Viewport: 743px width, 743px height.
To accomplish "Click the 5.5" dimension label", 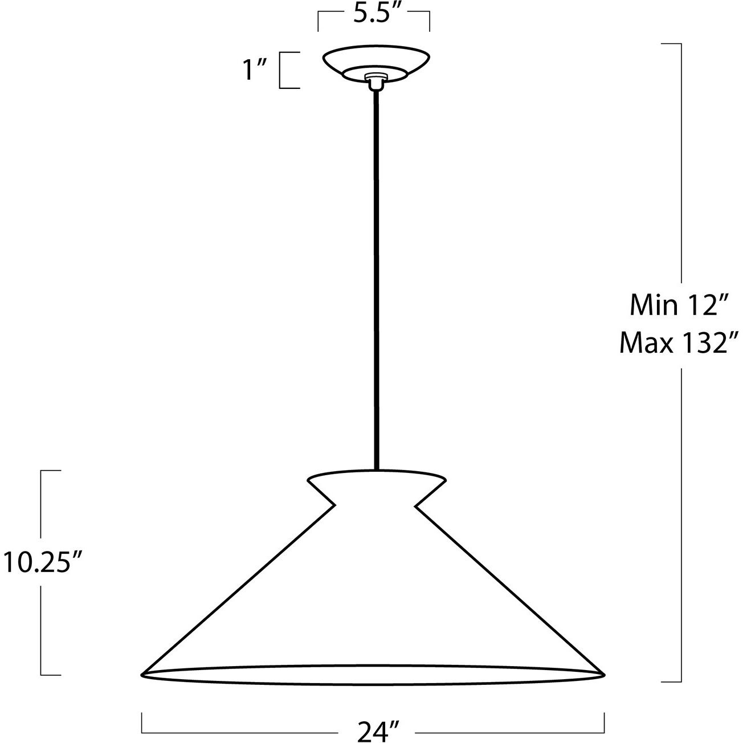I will click(373, 14).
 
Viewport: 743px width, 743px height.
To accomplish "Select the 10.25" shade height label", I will click(40, 562).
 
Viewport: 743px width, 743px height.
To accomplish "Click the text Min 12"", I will click(679, 307).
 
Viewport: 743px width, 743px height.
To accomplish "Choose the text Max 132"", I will click(679, 343).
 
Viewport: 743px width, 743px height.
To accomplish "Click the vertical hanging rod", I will click(376, 273).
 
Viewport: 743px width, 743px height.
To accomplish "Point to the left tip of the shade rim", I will click(142, 674).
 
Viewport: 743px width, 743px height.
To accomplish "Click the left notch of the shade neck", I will click(333, 505).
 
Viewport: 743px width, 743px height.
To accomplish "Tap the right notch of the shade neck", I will click(417, 505).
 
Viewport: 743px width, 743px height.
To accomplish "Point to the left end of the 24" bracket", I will click(142, 722).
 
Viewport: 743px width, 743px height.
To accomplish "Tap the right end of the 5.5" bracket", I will click(429, 17).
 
